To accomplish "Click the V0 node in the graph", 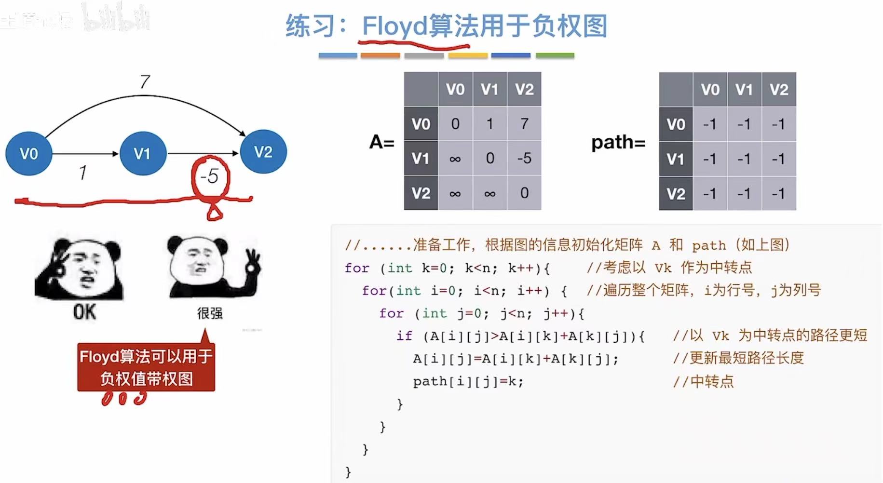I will click(28, 153).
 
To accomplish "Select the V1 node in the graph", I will click(143, 153).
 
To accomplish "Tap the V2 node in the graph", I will click(263, 152).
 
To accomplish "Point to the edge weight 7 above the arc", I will click(145, 82).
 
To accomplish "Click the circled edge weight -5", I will click(210, 176).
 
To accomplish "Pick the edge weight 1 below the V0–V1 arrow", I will click(83, 172).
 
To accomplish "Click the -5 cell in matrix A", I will click(524, 158).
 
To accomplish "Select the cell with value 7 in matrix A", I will click(524, 124).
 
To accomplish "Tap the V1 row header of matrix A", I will click(421, 158).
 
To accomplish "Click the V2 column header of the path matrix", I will click(779, 89).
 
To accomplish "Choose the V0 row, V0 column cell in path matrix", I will click(710, 124).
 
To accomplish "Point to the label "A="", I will click(382, 142).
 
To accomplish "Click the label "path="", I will click(618, 142).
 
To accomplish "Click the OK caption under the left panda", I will click(84, 312).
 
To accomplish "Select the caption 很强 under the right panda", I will click(210, 313).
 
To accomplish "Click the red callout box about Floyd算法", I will click(146, 367).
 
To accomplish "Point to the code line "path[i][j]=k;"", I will click(468, 381).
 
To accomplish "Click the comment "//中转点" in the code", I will click(703, 381).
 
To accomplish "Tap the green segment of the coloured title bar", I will click(555, 56).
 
